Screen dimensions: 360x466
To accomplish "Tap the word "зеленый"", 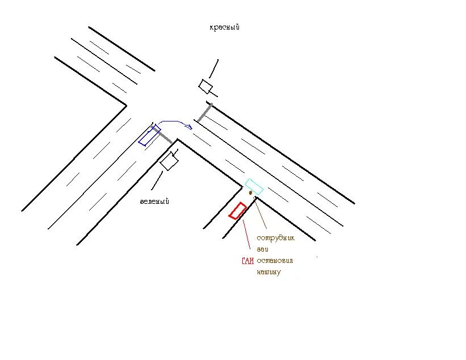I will coord(155,202).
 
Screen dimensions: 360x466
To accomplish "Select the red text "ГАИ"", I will coord(247,261).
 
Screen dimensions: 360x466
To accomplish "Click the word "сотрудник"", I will coord(276,238).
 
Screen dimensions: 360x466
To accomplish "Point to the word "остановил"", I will coord(276,261).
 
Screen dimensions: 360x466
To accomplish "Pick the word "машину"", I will coord(268,272).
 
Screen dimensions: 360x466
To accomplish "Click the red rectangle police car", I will coord(237,211).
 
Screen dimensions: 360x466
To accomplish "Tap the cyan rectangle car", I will coord(253,186).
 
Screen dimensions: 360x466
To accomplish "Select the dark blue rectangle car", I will coord(149,135).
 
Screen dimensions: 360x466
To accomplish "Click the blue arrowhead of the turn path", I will coord(188,126).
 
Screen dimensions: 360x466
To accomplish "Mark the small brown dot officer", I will coord(250,192).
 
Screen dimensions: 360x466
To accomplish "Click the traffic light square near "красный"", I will coord(205,86).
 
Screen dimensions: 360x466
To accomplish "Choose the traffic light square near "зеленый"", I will coord(169,162).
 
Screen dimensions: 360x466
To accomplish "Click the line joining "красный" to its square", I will coord(213,69).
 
